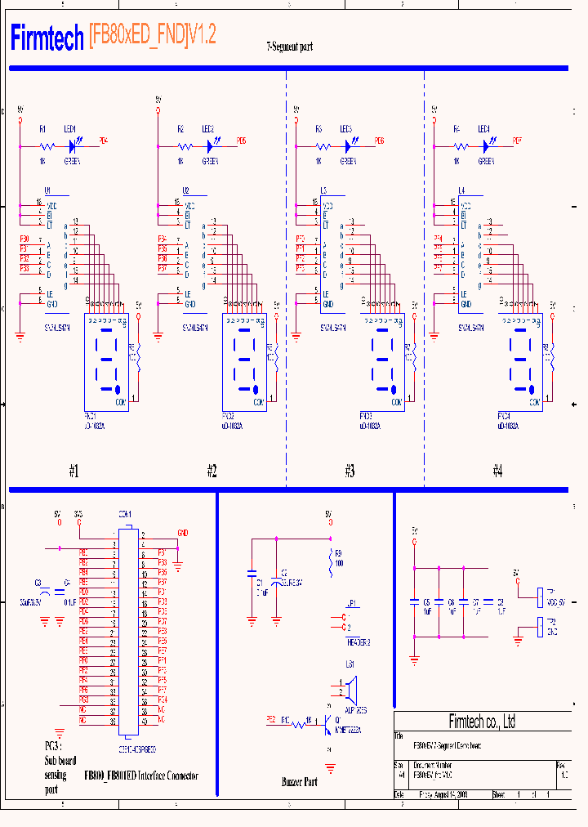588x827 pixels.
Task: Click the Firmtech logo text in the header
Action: [47, 37]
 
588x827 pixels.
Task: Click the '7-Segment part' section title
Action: [289, 47]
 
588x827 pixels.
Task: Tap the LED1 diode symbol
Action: [73, 146]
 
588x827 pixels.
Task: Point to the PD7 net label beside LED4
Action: [517, 141]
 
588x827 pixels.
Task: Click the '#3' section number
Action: [350, 471]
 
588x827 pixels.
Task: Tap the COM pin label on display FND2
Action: [259, 403]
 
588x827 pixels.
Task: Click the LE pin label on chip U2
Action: [188, 293]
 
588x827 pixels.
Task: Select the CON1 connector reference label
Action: [125, 514]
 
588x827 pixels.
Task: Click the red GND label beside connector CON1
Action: [182, 533]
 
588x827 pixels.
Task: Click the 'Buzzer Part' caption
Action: [299, 782]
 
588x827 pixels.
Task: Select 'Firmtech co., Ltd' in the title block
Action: [482, 722]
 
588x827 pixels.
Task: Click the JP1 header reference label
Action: [352, 602]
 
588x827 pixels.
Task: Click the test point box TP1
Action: [540, 597]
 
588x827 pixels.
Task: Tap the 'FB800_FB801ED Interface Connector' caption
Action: [140, 776]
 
